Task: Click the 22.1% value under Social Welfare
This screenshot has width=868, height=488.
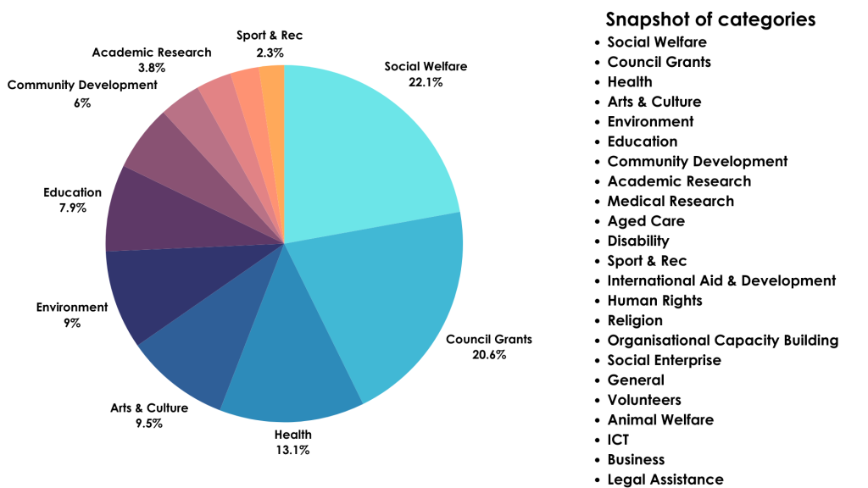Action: click(x=426, y=82)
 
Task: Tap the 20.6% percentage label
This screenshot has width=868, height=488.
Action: click(x=489, y=354)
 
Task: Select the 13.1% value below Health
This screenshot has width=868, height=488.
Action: click(x=292, y=450)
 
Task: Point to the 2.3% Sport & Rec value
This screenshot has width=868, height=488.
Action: click(x=270, y=52)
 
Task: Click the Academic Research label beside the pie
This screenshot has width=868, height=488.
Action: click(x=152, y=53)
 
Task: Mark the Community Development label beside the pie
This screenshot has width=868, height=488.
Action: click(x=82, y=85)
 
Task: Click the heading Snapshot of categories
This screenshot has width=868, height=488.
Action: click(x=710, y=19)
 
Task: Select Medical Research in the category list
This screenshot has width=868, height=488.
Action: click(x=670, y=201)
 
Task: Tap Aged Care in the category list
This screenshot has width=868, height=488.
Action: click(x=646, y=221)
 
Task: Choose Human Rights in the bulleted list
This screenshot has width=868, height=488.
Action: click(x=654, y=300)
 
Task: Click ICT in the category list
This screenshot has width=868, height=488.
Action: click(x=618, y=439)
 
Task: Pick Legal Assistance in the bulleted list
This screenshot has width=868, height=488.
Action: click(x=665, y=479)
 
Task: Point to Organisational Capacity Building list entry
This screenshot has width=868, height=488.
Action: click(x=723, y=340)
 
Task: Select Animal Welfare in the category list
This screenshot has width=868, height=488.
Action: click(x=660, y=419)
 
